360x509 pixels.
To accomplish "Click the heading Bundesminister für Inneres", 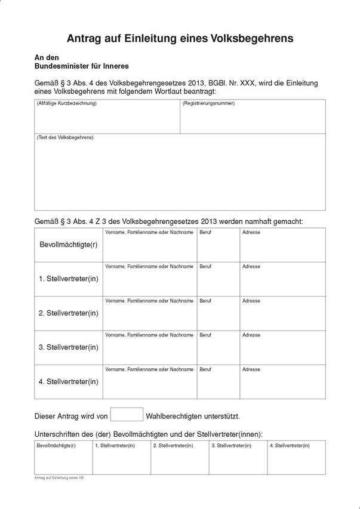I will click(x=82, y=66).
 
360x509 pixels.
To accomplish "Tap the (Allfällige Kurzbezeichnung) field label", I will click(x=67, y=104).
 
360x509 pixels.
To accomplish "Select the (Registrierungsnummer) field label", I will click(x=209, y=104).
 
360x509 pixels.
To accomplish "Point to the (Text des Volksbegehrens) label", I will click(x=65, y=138).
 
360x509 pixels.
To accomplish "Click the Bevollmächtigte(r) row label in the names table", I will click(x=69, y=245).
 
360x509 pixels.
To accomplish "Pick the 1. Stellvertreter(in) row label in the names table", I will click(x=69, y=279).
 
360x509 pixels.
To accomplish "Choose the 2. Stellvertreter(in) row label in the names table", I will click(x=69, y=313).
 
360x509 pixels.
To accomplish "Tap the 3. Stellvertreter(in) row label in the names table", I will click(x=69, y=347).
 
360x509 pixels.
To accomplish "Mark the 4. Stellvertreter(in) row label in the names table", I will click(x=69, y=381).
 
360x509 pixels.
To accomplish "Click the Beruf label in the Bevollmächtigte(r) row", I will click(x=205, y=232).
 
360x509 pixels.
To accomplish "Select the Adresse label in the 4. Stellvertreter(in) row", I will click(x=251, y=369).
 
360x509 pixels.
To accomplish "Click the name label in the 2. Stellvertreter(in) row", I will click(x=149, y=301).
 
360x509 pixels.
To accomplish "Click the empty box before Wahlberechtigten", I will click(x=127, y=414).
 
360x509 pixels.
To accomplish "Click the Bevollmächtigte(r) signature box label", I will click(x=56, y=446).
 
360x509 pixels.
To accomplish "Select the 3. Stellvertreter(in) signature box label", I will click(x=231, y=446).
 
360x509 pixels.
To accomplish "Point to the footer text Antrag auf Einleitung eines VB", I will click(x=59, y=478).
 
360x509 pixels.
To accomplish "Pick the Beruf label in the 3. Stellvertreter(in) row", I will click(x=205, y=335).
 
